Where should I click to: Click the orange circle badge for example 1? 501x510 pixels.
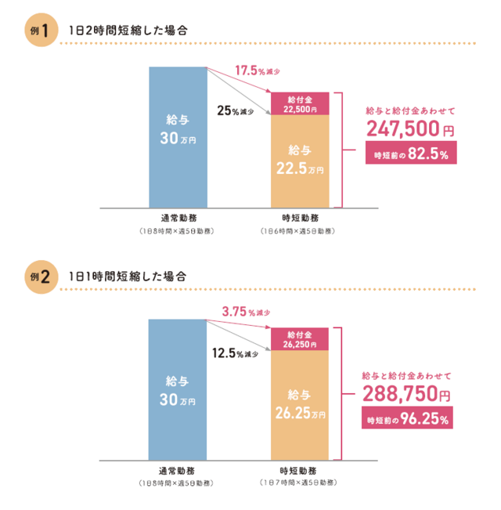41,31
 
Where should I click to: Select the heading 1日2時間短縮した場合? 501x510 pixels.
129,31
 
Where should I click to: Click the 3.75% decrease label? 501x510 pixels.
246,313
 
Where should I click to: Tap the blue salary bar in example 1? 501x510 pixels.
178,138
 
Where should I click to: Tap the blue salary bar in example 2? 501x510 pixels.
178,380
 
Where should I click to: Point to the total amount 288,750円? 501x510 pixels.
406,393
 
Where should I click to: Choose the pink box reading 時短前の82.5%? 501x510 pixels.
411,154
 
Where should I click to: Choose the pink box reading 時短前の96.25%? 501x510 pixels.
408,419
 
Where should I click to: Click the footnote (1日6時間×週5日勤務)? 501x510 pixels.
298,232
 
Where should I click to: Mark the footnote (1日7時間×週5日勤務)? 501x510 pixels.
298,483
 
